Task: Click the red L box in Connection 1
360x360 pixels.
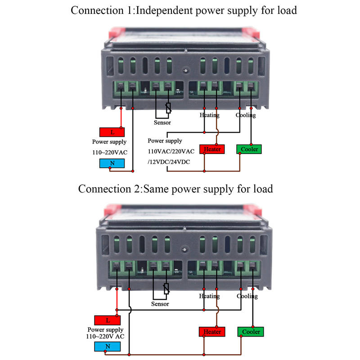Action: (x=112, y=132)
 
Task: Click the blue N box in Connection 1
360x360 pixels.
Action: (x=112, y=162)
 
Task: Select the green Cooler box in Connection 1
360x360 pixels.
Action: (x=249, y=149)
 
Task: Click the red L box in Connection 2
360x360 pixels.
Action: (x=108, y=320)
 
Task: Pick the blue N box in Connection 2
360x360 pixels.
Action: (x=108, y=346)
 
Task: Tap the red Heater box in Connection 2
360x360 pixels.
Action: (x=212, y=332)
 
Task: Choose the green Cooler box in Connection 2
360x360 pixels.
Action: (x=250, y=332)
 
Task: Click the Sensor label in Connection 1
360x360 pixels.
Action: (x=162, y=122)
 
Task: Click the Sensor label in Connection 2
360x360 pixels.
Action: (x=160, y=304)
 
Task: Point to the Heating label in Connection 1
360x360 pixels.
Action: (x=210, y=115)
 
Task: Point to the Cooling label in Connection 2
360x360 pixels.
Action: (x=247, y=296)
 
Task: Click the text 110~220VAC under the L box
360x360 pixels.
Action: (x=110, y=153)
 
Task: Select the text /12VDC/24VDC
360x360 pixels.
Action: (x=169, y=162)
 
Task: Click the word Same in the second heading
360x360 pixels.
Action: (x=159, y=189)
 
